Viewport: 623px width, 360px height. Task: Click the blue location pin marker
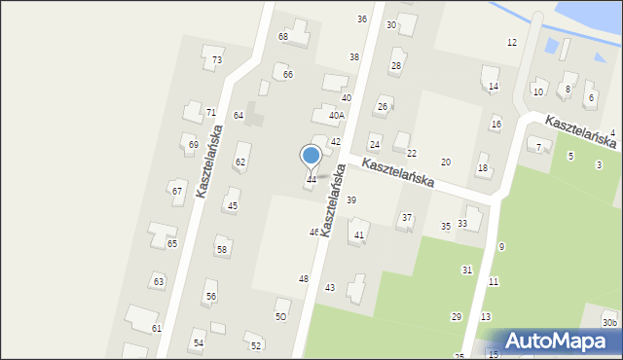pos(311,157)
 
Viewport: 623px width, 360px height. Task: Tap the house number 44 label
pos(311,180)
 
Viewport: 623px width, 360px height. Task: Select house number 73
pos(217,60)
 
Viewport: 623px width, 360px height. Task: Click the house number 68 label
pos(283,37)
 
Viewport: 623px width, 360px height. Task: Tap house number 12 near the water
pos(512,43)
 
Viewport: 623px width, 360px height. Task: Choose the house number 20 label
pos(446,162)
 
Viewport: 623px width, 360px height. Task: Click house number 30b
pos(609,323)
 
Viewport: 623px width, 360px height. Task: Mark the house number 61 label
pos(156,329)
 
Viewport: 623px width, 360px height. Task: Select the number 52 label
pos(256,346)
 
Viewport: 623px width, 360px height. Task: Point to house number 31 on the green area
pos(467,270)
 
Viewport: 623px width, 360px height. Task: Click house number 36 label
pos(362,19)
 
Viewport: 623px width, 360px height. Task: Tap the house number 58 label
pos(222,250)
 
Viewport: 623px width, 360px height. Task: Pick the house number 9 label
pos(501,247)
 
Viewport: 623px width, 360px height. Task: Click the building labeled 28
pos(396,66)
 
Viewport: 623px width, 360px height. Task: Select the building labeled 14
pos(494,87)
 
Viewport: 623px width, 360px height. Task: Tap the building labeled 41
pos(359,235)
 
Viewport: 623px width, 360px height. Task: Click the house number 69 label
pos(193,145)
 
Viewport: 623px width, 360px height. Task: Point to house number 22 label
pos(412,154)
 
